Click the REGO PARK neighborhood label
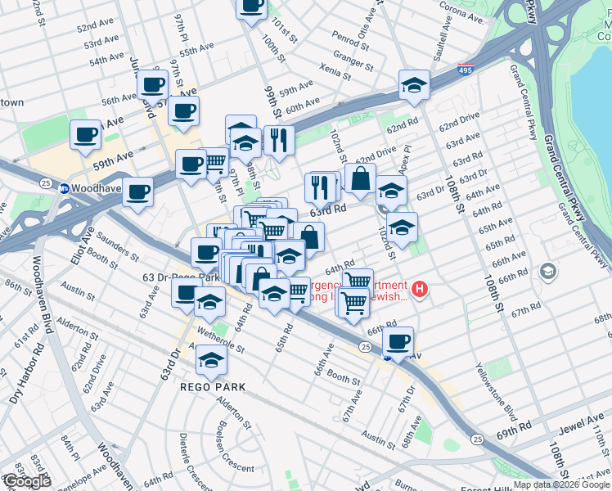pyautogui.click(x=213, y=386)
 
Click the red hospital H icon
pyautogui.click(x=420, y=288)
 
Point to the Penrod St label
pyautogui.click(x=351, y=38)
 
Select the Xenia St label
pyautogui.click(x=335, y=71)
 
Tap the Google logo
pyautogui.click(x=26, y=481)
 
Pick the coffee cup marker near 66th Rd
pyautogui.click(x=398, y=341)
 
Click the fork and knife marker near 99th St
pyautogui.click(x=279, y=140)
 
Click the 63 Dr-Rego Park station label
pyautogui.click(x=179, y=277)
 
